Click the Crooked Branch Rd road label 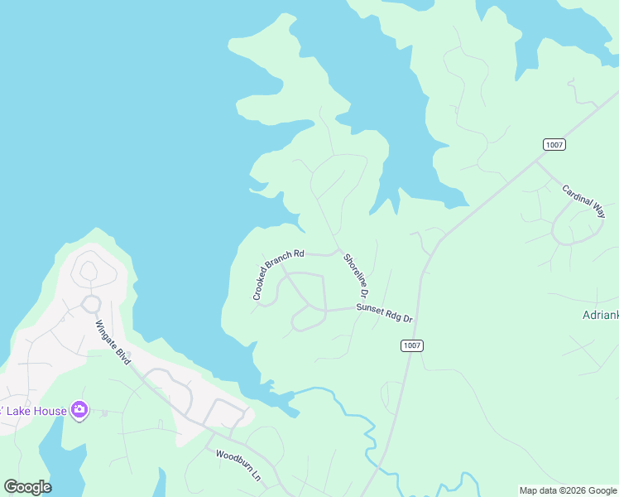tap(279, 274)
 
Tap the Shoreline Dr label tap(355, 275)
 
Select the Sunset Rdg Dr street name tap(384, 312)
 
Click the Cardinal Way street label tap(583, 200)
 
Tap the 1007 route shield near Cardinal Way tap(554, 144)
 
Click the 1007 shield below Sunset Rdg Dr tap(411, 345)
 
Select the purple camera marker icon tap(79, 409)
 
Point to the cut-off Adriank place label tap(599, 316)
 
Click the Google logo tap(27, 487)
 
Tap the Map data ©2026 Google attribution tap(568, 490)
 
